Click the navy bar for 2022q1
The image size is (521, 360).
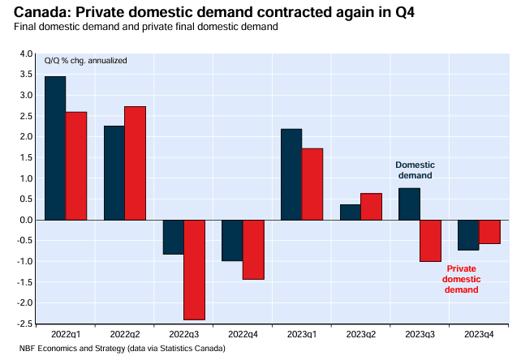coord(55,148)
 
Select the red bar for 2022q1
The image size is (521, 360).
coord(76,166)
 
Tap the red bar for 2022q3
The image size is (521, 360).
coord(195,270)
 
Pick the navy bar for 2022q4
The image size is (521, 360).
coord(232,241)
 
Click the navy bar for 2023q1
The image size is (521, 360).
coord(291,174)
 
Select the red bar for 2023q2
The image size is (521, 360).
coord(371,207)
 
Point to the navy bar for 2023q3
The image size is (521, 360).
coord(409,204)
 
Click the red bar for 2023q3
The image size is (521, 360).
coord(430,241)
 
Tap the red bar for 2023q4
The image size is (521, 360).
coord(489,232)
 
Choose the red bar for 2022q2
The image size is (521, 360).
coord(136,163)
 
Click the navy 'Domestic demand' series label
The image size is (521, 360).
coord(414,169)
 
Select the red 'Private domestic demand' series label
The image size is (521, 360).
coord(460,278)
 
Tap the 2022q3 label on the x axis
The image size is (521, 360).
coord(183,333)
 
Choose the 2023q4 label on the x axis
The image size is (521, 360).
coord(478,333)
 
